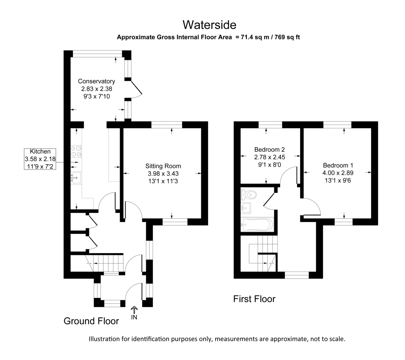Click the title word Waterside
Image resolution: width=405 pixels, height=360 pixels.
209,25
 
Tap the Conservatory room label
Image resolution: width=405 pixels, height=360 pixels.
97,81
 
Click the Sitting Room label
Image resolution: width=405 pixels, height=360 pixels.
163,166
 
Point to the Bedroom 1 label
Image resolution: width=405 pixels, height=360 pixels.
338,165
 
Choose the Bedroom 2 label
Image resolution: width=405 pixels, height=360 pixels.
270,150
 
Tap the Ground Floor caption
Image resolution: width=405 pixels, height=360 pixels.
91,321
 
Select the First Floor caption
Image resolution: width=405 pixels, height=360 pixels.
254,299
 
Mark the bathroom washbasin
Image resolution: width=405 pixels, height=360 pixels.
246,208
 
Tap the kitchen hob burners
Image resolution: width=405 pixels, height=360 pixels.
76,151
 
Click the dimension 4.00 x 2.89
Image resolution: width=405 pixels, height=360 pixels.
338,173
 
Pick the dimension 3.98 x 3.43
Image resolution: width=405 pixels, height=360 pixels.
163,173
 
